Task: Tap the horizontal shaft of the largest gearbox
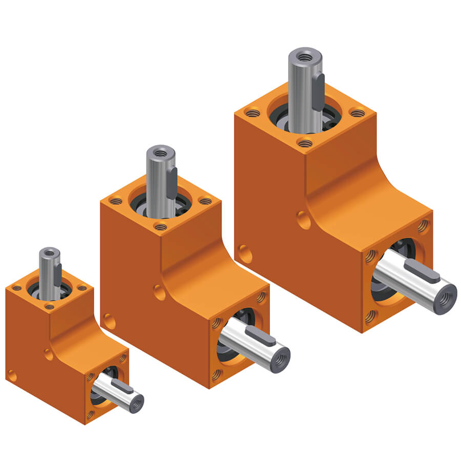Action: coord(410,285)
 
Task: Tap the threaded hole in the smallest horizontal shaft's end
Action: coord(137,405)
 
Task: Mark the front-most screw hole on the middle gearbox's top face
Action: coord(161,226)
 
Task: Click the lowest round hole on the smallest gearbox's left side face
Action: coord(11,377)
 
